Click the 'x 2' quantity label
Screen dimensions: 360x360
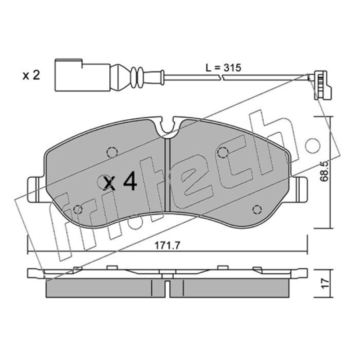[x=31, y=75]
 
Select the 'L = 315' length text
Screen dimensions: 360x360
[x=223, y=68]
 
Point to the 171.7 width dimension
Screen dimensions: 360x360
[x=167, y=246]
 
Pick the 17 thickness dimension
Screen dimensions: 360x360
[x=325, y=284]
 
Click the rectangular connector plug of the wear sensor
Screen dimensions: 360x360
[x=82, y=75]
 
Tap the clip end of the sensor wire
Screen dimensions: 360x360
[x=320, y=85]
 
